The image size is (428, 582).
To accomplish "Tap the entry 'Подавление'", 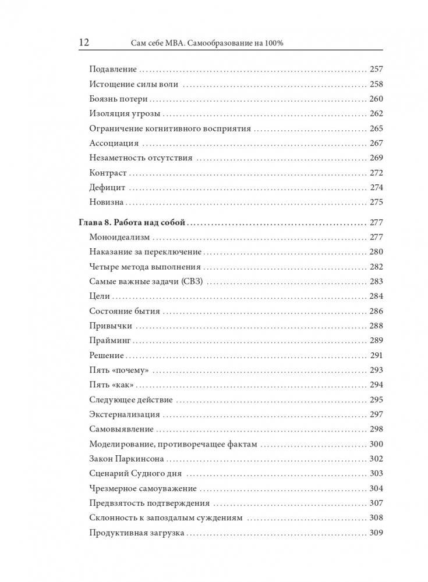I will (113, 69).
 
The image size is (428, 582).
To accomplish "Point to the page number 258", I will (376, 84).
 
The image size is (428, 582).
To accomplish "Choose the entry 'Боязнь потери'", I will (119, 99).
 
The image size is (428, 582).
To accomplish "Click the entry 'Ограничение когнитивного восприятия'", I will (170, 128).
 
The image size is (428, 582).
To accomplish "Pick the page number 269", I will (376, 158).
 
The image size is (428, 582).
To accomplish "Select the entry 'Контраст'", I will (108, 173).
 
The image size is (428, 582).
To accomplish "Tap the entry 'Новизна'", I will (107, 202).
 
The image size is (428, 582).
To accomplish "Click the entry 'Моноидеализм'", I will (119, 237).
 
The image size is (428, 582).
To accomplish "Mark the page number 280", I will (376, 252).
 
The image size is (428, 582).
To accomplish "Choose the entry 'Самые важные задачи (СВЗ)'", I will (150, 281).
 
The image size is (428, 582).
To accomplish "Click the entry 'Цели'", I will (100, 297).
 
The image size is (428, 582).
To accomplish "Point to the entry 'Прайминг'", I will (111, 341).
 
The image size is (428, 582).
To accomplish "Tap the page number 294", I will (376, 385).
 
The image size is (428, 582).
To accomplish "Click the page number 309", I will (376, 533).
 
